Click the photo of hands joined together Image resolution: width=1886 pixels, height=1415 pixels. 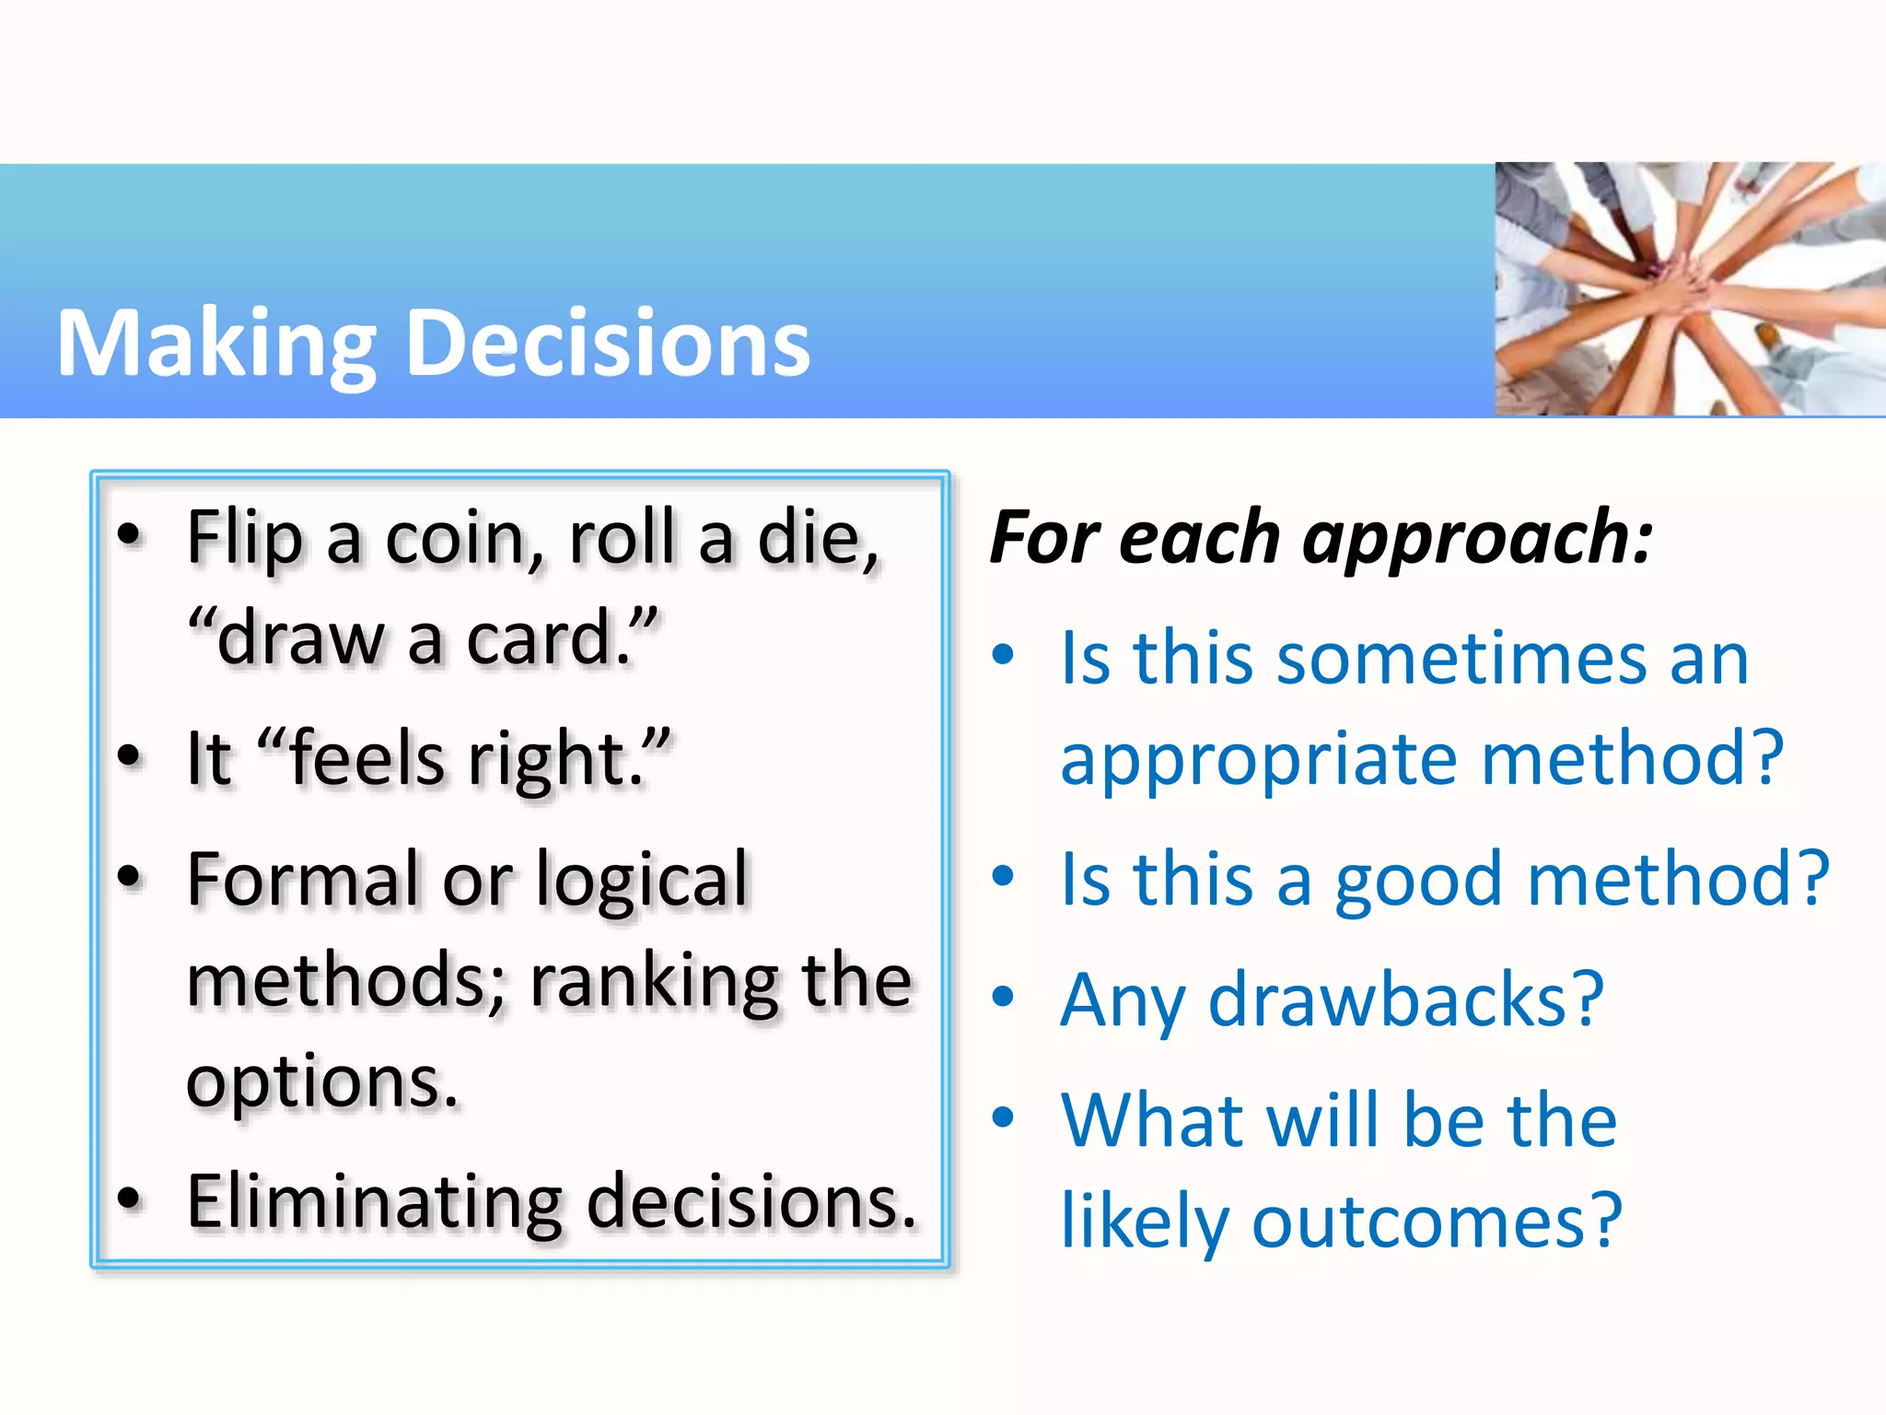click(x=1689, y=289)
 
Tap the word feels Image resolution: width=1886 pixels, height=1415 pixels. click(x=367, y=759)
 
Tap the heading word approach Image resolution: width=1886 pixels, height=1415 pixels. click(x=1477, y=538)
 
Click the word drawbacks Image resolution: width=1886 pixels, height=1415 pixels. click(x=1405, y=1000)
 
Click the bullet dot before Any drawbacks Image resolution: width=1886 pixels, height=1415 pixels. click(x=1003, y=997)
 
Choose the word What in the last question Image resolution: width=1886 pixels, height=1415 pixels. click(x=1152, y=1121)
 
